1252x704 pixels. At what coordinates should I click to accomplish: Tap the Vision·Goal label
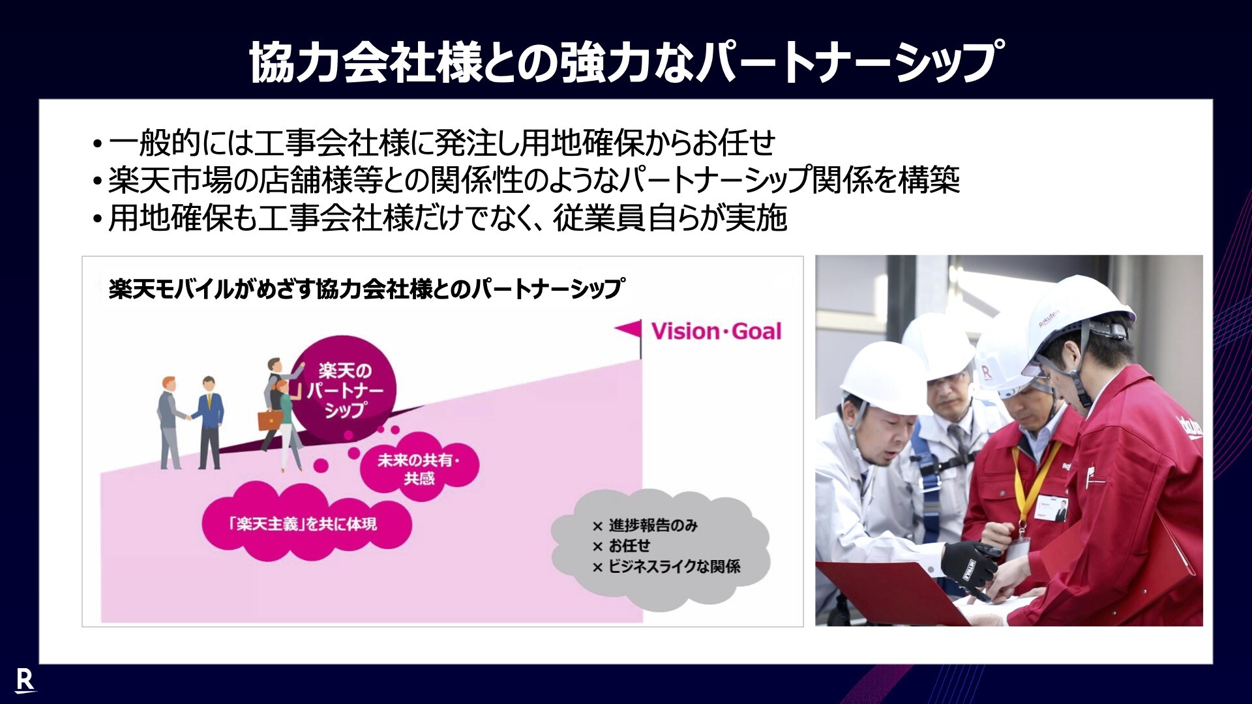click(x=716, y=331)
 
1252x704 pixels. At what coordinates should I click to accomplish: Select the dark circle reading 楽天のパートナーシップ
click(x=344, y=390)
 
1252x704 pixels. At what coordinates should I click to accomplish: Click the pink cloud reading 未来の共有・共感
click(x=419, y=469)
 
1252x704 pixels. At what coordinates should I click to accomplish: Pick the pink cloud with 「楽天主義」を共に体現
click(x=306, y=523)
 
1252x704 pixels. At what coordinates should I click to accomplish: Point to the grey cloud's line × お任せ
click(x=621, y=546)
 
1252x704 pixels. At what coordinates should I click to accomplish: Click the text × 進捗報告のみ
click(x=645, y=525)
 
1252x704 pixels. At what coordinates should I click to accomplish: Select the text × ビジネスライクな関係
click(x=666, y=566)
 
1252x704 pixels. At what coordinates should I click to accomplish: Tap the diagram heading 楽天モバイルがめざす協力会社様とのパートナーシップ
click(x=366, y=289)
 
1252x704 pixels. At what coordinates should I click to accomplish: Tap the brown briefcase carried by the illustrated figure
click(x=271, y=419)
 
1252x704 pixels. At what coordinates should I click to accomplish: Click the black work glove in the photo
click(x=970, y=566)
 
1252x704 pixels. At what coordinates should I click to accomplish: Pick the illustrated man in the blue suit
click(x=210, y=422)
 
